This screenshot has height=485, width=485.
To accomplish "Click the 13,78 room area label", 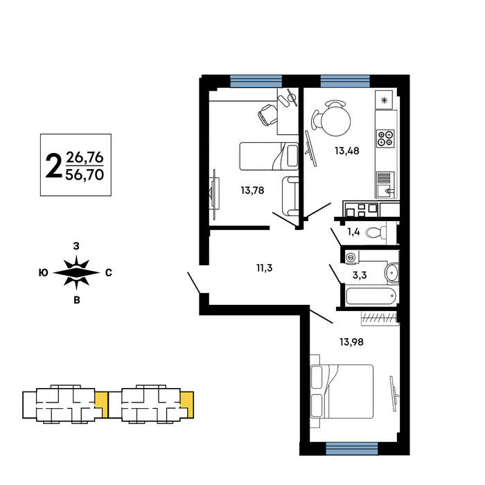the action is tap(252, 191).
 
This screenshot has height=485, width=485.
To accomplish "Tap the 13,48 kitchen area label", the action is tap(346, 150).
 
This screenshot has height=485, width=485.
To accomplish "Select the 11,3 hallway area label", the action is tap(265, 268).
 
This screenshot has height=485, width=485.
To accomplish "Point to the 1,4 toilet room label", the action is tap(353, 231).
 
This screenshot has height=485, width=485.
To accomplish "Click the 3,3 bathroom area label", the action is tap(360, 275).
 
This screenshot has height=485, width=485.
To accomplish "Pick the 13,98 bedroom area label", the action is tap(351, 342).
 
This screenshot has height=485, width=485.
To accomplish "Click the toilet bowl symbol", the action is tap(376, 232).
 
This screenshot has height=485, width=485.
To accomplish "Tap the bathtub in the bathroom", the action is tap(371, 297).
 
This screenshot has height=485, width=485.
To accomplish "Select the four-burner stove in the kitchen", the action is tap(385, 139).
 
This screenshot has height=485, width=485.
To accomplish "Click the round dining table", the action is tap(336, 121).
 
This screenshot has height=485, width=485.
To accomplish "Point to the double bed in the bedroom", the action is tap(342, 391).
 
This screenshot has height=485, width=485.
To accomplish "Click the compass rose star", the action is tap(76, 273).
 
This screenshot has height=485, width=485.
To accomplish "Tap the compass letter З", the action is tap(76, 246).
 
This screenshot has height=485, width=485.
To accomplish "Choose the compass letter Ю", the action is tap(43, 273).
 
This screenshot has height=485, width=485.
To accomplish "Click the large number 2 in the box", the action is tap(54, 166).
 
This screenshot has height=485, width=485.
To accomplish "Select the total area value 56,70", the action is tap(85, 175).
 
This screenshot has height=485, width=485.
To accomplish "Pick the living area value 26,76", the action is tap(85, 158).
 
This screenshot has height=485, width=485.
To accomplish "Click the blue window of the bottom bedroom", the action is tap(352, 448).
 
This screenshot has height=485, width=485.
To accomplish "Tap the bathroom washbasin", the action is tap(391, 272).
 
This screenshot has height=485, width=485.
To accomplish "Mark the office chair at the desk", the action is tap(267, 114).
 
